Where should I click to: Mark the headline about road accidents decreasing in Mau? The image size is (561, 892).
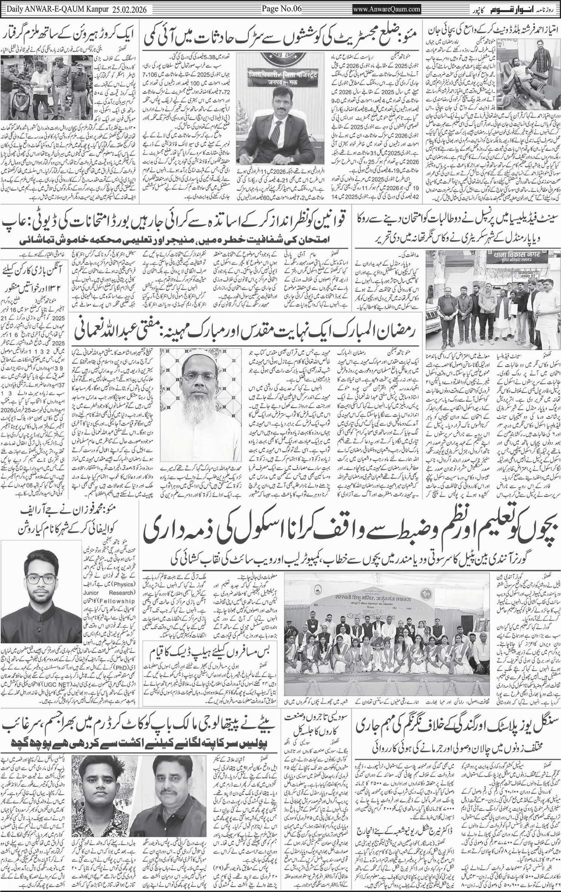(x=284, y=36)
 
